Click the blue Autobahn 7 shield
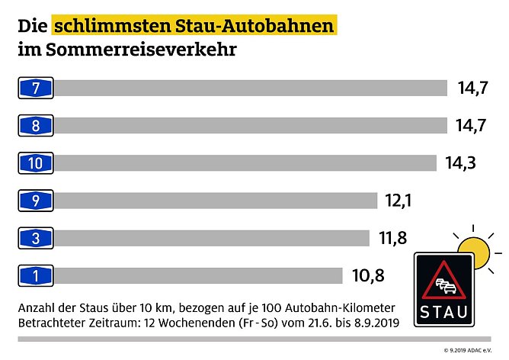[x=36, y=88]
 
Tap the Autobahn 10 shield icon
[x=36, y=162]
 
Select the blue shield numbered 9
[x=36, y=200]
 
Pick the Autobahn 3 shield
[x=36, y=238]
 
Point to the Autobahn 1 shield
[x=36, y=275]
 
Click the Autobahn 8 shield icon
[x=36, y=126]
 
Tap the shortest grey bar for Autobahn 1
[x=199, y=275]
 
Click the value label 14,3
[x=459, y=162]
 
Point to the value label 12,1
[x=404, y=200]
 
